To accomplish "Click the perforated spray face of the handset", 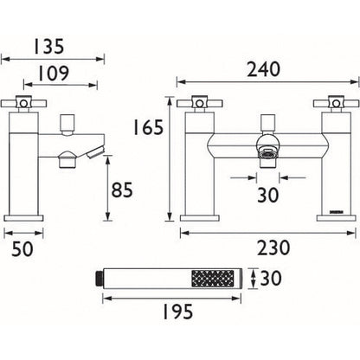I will coord(212,279).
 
